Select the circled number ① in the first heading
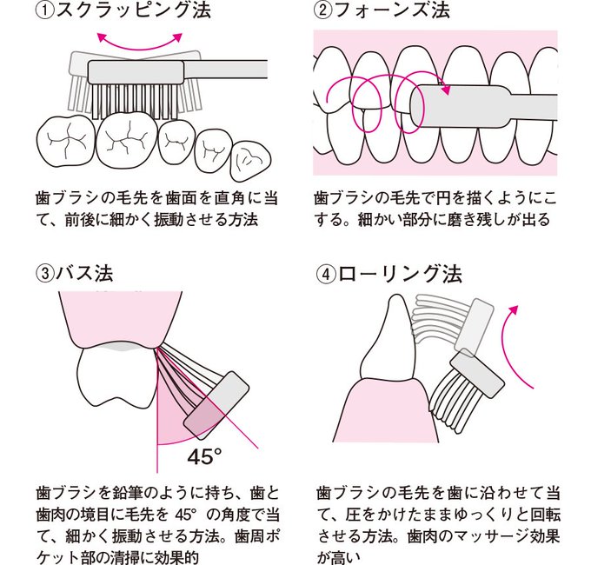45,12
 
